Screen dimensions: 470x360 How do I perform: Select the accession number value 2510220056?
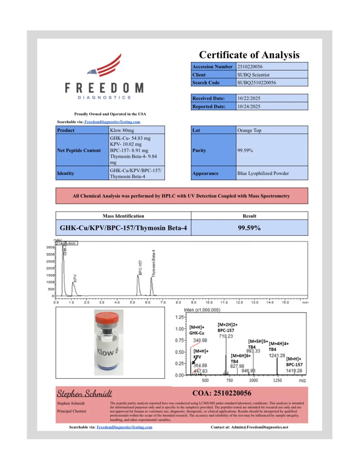250,67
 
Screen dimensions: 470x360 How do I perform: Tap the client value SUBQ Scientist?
253,75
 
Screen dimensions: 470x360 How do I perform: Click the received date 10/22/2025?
249,98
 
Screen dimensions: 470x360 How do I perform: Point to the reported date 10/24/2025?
249,106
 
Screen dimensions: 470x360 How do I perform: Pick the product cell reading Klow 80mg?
122,130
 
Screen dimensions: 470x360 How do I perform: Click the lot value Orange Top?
249,130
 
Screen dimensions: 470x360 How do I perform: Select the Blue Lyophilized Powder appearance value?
263,173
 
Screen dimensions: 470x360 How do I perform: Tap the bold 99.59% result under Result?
249,228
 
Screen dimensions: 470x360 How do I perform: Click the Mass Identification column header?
123,216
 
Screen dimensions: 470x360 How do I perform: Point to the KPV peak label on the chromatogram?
75,278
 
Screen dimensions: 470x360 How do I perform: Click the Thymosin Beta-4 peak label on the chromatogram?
153,264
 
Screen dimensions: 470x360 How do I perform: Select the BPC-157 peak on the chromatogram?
138,284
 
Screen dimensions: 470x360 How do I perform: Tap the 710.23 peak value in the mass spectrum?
226,336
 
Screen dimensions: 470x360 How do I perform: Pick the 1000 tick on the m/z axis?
253,380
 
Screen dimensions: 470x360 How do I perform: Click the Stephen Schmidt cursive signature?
84,393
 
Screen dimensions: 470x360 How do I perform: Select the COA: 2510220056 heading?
222,393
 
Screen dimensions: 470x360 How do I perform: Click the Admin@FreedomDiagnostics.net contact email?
260,427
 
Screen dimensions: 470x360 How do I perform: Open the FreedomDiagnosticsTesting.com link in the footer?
124,427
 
